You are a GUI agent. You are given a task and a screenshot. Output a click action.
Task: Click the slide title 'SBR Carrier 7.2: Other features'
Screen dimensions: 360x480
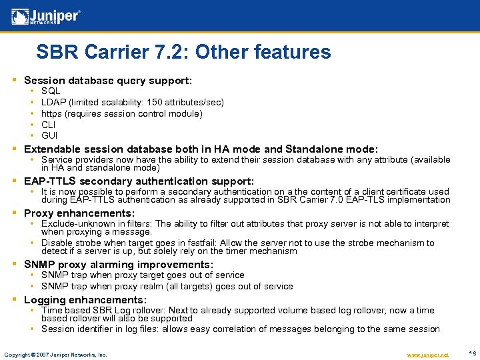click(x=183, y=52)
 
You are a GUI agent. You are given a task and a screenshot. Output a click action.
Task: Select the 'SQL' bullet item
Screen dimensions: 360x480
click(x=51, y=91)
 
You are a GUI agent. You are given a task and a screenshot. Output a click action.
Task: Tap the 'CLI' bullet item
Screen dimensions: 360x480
click(x=49, y=125)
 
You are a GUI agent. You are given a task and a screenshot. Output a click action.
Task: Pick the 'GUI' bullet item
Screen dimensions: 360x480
click(x=49, y=136)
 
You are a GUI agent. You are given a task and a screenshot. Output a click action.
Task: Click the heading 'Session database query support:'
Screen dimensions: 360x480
click(x=108, y=80)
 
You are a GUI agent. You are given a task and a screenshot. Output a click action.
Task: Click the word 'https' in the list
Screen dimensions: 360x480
click(x=52, y=113)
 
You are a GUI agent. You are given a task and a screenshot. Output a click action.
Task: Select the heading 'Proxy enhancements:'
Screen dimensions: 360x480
click(x=79, y=213)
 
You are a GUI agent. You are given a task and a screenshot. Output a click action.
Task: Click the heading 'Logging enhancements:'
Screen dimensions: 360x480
click(x=85, y=300)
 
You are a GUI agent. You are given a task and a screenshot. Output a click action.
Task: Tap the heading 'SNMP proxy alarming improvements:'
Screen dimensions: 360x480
click(x=119, y=265)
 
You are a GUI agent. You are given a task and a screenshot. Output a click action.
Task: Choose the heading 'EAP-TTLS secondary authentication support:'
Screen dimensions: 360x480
click(x=139, y=181)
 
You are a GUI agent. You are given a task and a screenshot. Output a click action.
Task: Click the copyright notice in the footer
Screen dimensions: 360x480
click(x=55, y=355)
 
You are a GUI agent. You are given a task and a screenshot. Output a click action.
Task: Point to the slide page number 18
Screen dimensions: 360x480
click(x=472, y=353)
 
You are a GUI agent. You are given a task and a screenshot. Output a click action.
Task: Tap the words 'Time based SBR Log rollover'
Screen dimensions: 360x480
click(x=103, y=310)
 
